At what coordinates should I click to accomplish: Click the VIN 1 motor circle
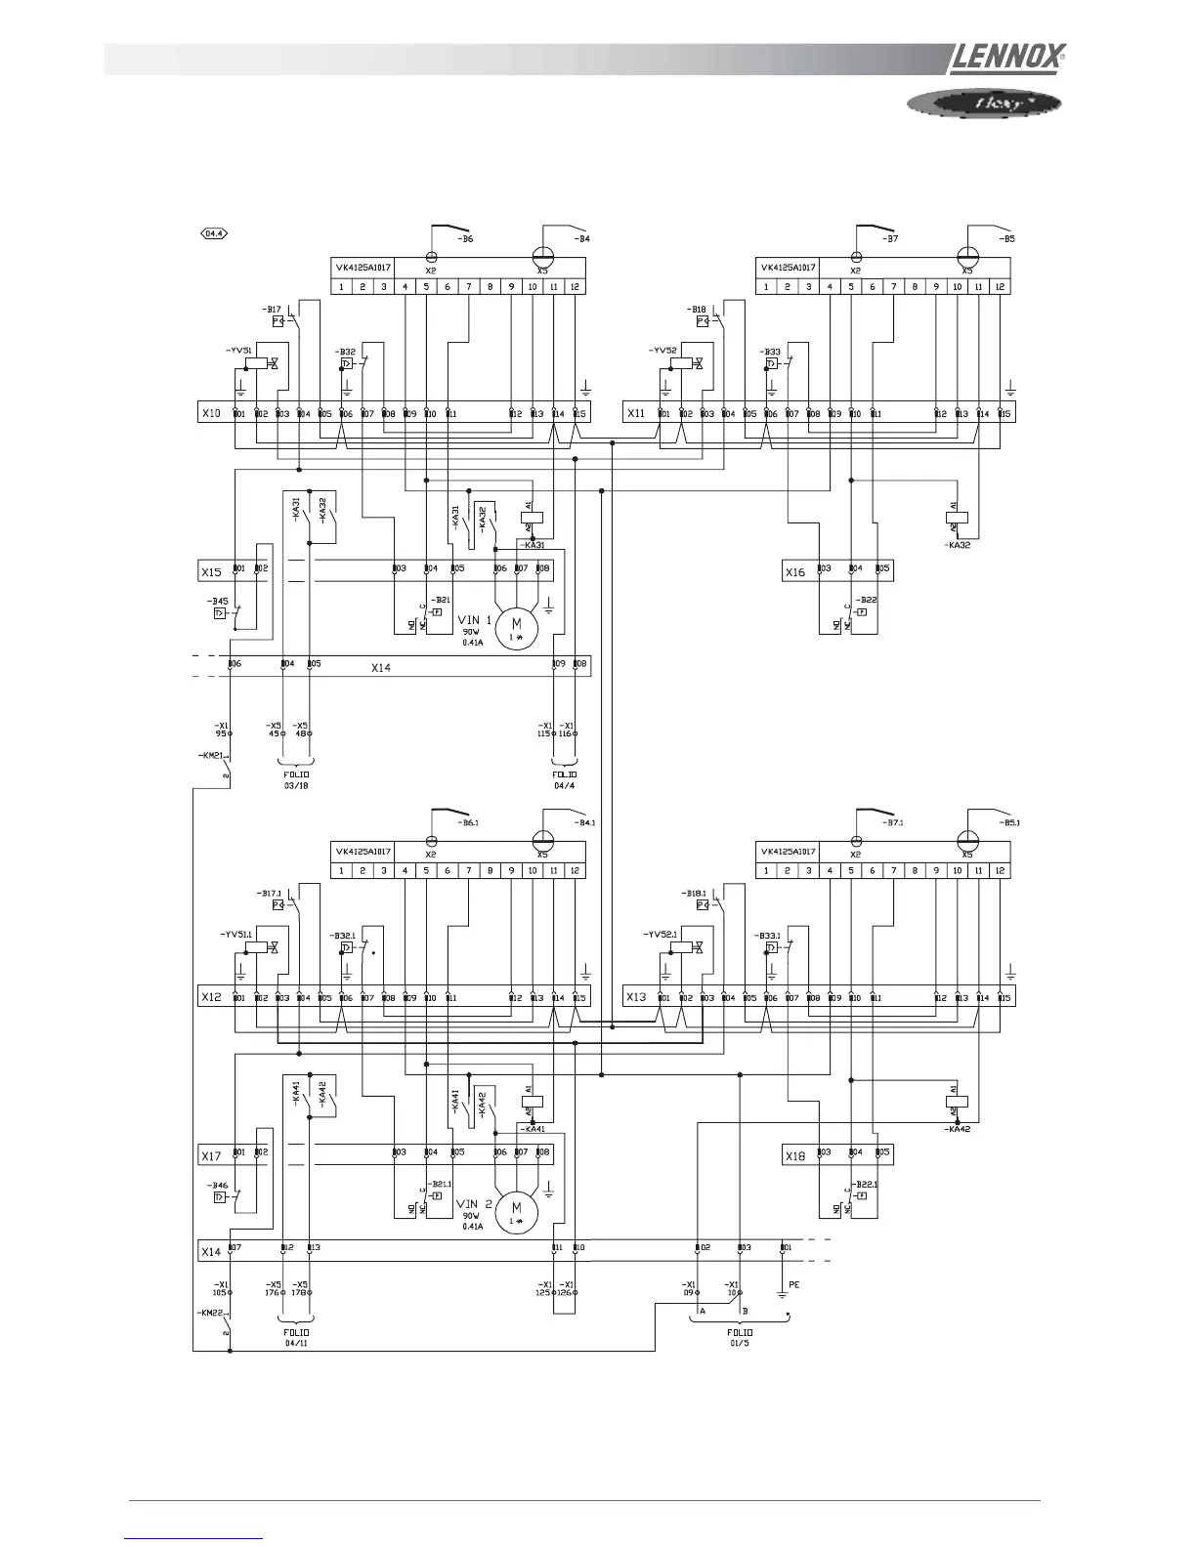point(517,625)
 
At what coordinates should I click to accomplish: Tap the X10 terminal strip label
point(211,413)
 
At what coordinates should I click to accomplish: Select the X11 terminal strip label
point(636,413)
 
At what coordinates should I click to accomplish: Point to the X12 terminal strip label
point(211,997)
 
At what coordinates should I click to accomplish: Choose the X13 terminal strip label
point(636,997)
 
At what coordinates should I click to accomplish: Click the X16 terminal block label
point(795,571)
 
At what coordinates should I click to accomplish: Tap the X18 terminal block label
point(795,1155)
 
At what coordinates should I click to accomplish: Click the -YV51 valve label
point(239,350)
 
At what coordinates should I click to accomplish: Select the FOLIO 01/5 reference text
point(740,1337)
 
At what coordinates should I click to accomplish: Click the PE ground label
point(793,1285)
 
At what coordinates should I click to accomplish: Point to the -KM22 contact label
point(209,1313)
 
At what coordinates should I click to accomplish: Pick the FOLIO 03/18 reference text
point(296,778)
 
